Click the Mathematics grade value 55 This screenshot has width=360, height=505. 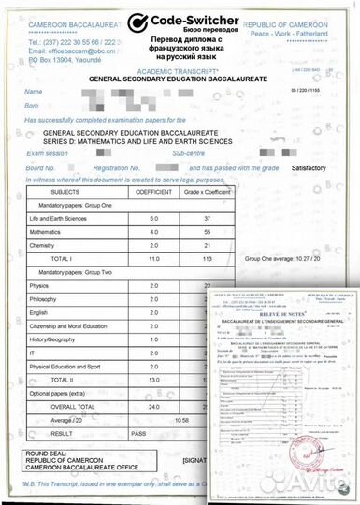click(208, 230)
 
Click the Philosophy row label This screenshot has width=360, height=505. click(45, 298)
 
